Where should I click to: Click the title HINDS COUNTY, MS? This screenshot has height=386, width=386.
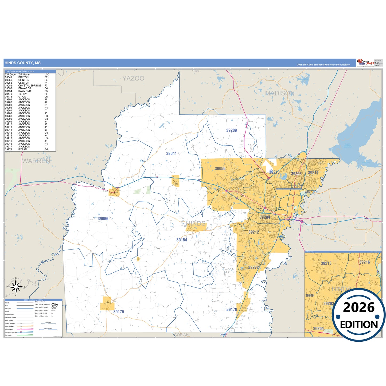tap(23, 63)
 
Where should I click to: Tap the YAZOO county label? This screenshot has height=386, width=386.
tap(133, 78)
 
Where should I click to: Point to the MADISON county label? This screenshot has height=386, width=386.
tap(280, 93)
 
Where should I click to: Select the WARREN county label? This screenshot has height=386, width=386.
tap(36, 161)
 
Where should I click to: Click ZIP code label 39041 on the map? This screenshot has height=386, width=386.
tap(171, 153)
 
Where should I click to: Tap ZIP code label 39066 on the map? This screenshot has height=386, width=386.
tap(103, 219)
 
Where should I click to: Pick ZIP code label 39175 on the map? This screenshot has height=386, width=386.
tap(119, 312)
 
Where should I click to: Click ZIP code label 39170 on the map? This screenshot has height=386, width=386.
tap(232, 309)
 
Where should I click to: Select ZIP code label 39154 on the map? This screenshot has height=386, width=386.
tap(182, 240)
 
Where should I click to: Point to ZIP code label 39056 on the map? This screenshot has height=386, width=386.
tap(220, 168)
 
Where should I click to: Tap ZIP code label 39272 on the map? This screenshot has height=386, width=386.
tap(253, 267)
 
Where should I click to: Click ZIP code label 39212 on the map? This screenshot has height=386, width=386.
tap(254, 232)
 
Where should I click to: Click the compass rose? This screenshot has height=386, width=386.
tap(16, 287)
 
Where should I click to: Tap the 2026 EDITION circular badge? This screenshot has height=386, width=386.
tap(359, 315)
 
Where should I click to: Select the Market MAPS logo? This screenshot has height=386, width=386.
tap(365, 63)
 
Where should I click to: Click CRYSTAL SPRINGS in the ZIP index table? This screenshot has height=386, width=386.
tap(30, 85)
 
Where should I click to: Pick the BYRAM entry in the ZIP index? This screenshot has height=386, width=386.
tap(23, 149)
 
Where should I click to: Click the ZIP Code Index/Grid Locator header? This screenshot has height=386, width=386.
tap(20, 71)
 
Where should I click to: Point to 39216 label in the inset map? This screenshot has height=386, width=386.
tap(365, 262)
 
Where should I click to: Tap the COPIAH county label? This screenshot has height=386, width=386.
tap(181, 335)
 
